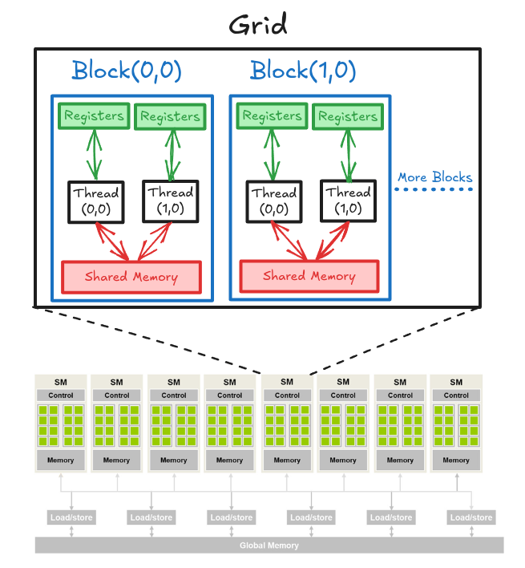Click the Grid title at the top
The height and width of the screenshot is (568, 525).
pyautogui.click(x=257, y=25)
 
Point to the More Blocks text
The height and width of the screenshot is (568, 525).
pyautogui.click(x=434, y=177)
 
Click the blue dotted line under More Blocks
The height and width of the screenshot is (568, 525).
pyautogui.click(x=434, y=190)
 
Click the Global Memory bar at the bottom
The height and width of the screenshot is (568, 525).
pyautogui.click(x=269, y=546)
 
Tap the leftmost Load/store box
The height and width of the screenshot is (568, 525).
pyautogui.click(x=72, y=517)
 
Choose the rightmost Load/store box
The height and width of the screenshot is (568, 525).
pyautogui.click(x=471, y=517)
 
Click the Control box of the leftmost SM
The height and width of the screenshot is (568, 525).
pyautogui.click(x=61, y=396)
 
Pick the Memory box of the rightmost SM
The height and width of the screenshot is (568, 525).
pyautogui.click(x=456, y=460)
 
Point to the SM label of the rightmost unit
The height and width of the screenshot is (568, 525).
pyautogui.click(x=456, y=382)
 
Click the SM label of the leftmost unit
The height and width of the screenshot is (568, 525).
pyautogui.click(x=61, y=382)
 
